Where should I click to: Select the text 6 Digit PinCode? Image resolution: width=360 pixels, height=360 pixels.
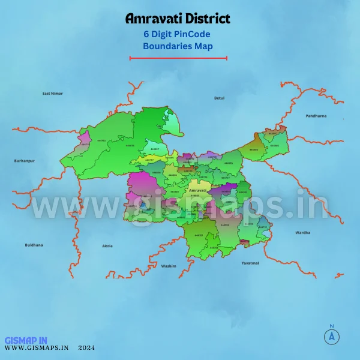[178, 34]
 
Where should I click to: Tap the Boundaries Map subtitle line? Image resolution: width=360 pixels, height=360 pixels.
[178, 46]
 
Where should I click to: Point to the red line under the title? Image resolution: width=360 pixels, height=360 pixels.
[178, 58]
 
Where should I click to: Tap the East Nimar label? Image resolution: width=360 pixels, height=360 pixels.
[52, 94]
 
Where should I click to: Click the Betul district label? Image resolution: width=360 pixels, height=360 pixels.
[219, 97]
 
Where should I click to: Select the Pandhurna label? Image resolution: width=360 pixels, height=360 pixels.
[315, 115]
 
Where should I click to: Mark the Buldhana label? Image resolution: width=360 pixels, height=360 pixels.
[34, 245]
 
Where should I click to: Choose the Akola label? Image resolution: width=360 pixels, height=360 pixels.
[107, 246]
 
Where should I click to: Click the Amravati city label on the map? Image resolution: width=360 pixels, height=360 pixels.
[197, 190]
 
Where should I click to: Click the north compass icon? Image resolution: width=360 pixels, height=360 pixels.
[331, 336]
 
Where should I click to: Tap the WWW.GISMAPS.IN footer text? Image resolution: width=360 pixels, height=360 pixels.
[37, 347]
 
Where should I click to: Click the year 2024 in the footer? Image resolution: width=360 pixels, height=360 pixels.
[86, 347]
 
